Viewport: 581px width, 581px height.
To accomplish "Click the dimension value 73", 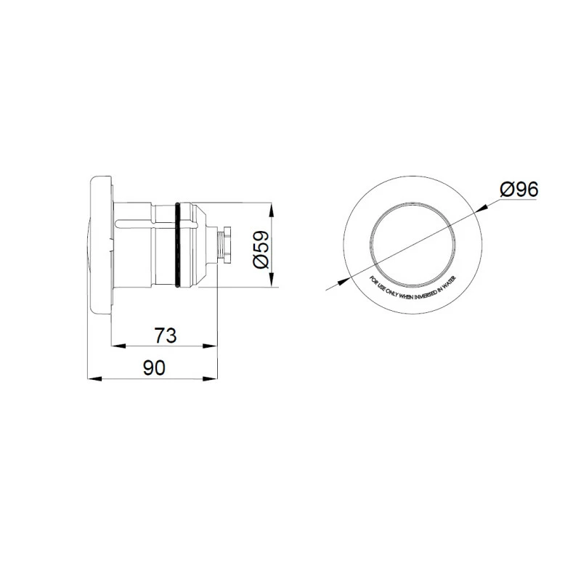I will [166, 335].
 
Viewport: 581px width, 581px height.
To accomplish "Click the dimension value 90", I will [153, 368].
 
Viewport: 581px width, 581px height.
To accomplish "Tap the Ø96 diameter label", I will [519, 190].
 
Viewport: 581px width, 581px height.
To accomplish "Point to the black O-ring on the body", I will [176, 246].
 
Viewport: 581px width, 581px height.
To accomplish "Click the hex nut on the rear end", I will [227, 245].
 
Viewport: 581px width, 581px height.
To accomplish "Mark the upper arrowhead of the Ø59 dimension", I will [272, 209].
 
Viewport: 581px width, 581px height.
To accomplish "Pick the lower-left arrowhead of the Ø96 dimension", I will [341, 282].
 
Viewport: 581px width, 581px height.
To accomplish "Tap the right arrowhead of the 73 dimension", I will [214, 345].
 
